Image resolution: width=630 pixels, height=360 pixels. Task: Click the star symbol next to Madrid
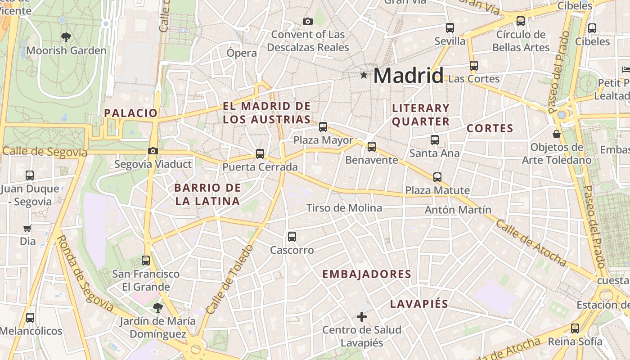tap(364, 75)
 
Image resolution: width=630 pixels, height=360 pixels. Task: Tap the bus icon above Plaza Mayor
tap(323, 127)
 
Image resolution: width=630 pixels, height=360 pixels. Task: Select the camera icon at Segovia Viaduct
tap(153, 151)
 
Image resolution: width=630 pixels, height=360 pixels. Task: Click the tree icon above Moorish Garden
tap(66, 37)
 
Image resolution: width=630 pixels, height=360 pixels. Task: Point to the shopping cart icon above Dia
tap(27, 229)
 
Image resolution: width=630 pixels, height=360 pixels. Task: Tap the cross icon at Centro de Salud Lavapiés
tap(362, 317)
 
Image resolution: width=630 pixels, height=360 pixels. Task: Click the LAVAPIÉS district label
tap(419, 304)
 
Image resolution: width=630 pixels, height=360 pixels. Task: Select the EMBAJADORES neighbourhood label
tap(367, 274)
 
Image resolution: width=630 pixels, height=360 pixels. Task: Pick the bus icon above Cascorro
tap(292, 237)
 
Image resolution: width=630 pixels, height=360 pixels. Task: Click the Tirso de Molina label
tap(344, 208)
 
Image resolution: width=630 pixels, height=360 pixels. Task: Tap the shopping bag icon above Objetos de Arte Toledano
tap(557, 134)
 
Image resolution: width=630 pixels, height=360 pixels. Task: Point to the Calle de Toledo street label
tap(230, 279)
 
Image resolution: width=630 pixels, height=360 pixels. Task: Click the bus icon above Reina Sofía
tap(575, 328)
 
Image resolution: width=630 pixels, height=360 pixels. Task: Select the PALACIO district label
tap(131, 113)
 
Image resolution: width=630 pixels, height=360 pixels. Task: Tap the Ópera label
tap(242, 53)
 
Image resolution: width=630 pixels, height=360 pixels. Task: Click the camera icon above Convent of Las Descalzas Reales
tap(308, 21)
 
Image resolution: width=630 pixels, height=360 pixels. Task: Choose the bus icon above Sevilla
tap(450, 28)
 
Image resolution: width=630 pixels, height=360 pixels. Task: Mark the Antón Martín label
tap(458, 210)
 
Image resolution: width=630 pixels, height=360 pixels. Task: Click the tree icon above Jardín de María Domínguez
tap(157, 308)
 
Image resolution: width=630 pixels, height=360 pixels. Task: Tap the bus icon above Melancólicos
tap(30, 318)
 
